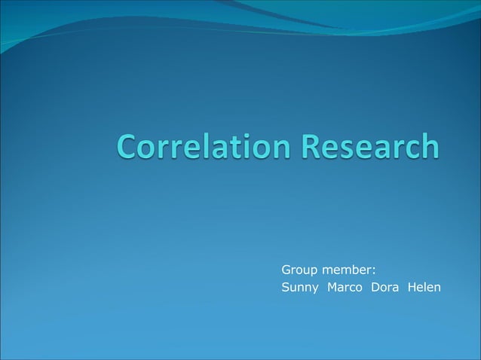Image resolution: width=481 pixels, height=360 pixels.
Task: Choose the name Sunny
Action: [x=300, y=288]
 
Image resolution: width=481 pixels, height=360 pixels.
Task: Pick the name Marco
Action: [x=345, y=287]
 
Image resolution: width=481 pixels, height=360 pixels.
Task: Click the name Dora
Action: [x=384, y=287]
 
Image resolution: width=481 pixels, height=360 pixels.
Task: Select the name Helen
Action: [x=424, y=287]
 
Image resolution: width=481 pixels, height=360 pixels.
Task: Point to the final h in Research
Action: [x=428, y=146]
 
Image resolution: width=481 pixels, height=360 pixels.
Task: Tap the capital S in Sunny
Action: [x=285, y=287]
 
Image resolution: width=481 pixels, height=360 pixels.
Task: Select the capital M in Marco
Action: [x=332, y=287]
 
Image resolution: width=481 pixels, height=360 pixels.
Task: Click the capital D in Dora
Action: [x=375, y=287]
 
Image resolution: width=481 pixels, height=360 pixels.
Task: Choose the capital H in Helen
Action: [x=411, y=287]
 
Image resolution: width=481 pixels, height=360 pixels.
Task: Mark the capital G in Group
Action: [x=286, y=269]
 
